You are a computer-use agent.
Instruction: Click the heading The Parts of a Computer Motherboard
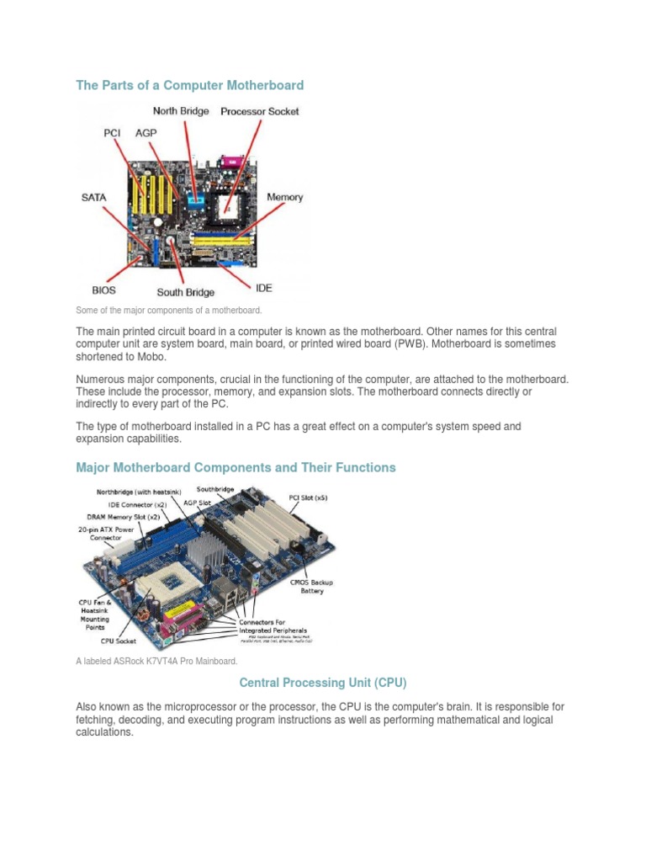[x=189, y=85]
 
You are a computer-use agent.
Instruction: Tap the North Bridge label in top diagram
[x=180, y=111]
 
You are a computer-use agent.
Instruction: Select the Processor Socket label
[x=259, y=111]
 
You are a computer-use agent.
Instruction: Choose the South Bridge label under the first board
[x=185, y=292]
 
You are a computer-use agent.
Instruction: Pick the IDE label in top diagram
[x=263, y=288]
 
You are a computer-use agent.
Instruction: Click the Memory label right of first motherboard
[x=284, y=197]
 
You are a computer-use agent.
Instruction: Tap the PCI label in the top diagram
[x=112, y=133]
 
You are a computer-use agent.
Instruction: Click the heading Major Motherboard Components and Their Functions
[x=236, y=467]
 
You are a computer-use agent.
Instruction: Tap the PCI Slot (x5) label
[x=308, y=498]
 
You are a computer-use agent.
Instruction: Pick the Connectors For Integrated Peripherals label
[x=273, y=626]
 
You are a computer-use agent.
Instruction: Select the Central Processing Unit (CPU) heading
[x=323, y=682]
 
